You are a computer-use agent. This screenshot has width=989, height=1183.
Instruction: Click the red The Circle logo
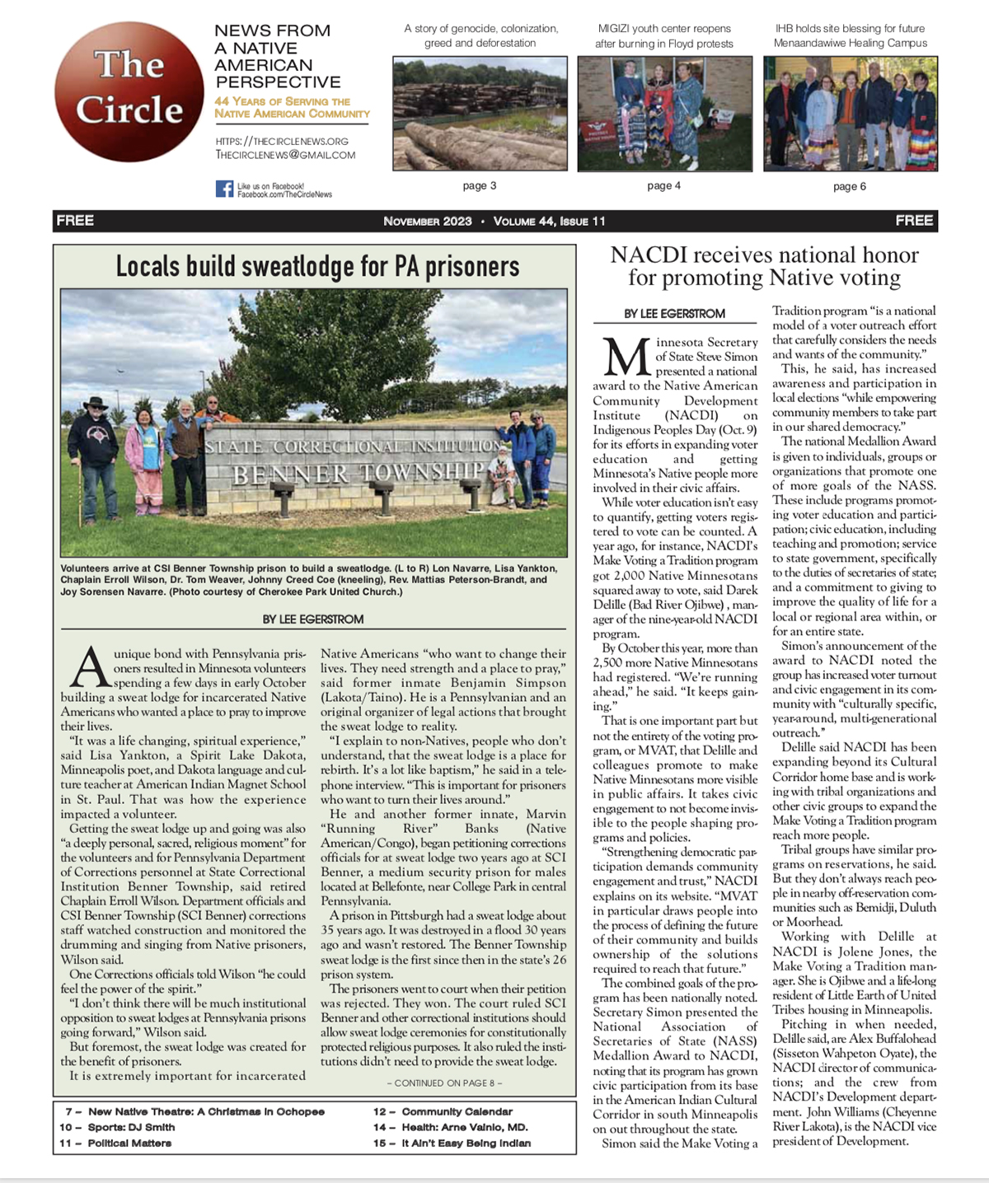pyautogui.click(x=129, y=91)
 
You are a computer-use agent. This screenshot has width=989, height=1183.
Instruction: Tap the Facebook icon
pyautogui.click(x=224, y=189)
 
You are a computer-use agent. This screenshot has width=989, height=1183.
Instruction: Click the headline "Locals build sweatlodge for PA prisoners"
pyautogui.click(x=317, y=266)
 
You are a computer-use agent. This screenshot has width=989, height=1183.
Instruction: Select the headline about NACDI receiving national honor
pyautogui.click(x=764, y=266)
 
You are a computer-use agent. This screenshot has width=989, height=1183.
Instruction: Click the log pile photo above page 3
pyautogui.click(x=480, y=114)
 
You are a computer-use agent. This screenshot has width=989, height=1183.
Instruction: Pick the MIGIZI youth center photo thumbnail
pyautogui.click(x=664, y=114)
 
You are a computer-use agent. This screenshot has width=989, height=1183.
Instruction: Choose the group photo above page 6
pyautogui.click(x=850, y=114)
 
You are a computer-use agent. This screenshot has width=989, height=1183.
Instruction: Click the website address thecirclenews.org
pyautogui.click(x=282, y=141)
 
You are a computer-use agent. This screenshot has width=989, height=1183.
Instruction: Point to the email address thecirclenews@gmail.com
pyautogui.click(x=285, y=154)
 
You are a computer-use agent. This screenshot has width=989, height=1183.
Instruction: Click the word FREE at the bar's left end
pyautogui.click(x=75, y=221)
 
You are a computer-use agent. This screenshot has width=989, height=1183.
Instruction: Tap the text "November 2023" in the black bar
pyautogui.click(x=428, y=221)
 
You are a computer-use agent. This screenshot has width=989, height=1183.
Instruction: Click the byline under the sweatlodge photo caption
pyautogui.click(x=312, y=619)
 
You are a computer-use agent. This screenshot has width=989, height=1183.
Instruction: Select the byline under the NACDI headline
pyautogui.click(x=674, y=313)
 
